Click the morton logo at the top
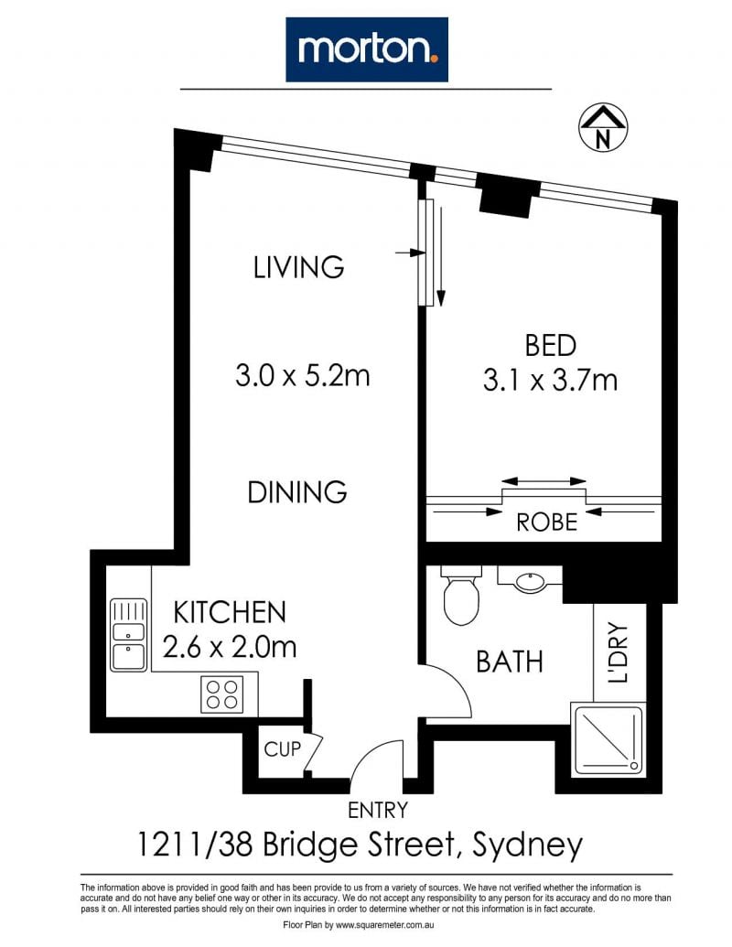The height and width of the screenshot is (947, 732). click(367, 49)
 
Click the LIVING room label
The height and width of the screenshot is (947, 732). click(298, 267)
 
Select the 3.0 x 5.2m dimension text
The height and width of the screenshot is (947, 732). click(302, 376)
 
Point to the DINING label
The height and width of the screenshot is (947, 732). click(297, 492)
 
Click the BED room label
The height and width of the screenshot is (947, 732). click(550, 346)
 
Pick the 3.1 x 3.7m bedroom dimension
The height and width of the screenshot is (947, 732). click(550, 381)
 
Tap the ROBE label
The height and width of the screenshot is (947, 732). click(546, 522)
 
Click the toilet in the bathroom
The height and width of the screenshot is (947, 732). click(461, 595)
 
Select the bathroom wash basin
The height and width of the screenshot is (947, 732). click(531, 581)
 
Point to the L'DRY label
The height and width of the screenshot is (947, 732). click(618, 652)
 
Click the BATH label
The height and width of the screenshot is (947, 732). click(510, 662)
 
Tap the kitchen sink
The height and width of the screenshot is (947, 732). click(128, 635)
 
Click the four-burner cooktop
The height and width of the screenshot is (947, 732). click(221, 694)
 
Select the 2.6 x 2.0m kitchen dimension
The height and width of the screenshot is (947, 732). click(230, 648)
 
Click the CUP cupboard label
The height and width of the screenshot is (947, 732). click(282, 749)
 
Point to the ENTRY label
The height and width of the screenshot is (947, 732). click(378, 810)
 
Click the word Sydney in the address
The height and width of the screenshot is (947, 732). click(527, 845)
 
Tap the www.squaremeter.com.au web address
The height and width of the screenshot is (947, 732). click(385, 925)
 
